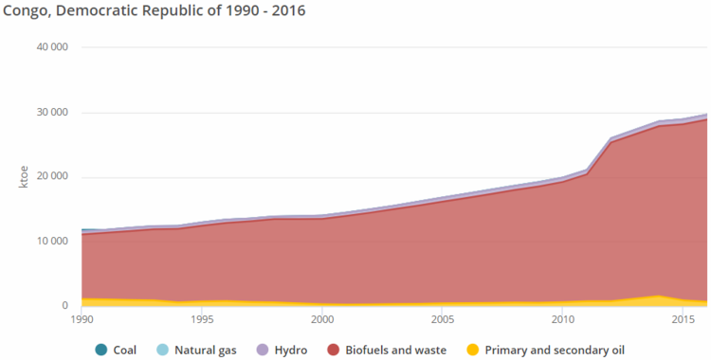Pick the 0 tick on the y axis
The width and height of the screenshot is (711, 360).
65,305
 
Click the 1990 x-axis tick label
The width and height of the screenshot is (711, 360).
82,321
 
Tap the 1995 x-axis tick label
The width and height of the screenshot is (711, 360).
202,321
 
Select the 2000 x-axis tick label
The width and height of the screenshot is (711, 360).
321,321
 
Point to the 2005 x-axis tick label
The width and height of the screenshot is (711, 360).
442,321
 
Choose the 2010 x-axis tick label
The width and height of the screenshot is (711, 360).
562,321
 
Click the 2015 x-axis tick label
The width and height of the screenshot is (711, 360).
682,321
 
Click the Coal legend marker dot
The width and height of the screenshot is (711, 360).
101,350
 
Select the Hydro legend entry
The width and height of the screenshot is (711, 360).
282,350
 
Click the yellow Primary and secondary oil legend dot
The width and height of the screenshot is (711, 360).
473,350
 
